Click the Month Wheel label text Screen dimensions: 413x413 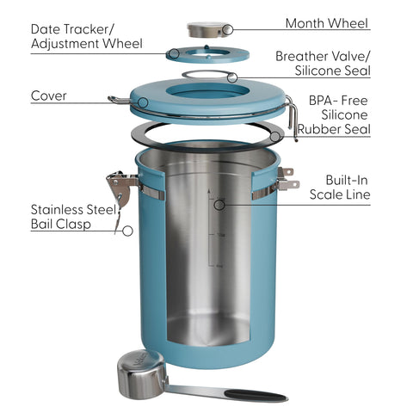click(327, 23)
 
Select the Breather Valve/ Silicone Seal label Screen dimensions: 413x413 click(323, 63)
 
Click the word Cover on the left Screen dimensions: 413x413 click(50, 96)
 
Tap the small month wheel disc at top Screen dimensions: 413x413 click(207, 29)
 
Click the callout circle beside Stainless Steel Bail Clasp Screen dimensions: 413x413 click(127, 231)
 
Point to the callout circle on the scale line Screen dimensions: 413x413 click(220, 204)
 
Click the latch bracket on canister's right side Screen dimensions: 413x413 click(287, 178)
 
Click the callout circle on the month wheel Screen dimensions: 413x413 click(226, 29)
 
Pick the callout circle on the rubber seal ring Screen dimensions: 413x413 click(274, 136)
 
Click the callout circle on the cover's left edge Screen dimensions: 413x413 click(142, 102)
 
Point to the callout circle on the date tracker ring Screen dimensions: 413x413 click(174, 53)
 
